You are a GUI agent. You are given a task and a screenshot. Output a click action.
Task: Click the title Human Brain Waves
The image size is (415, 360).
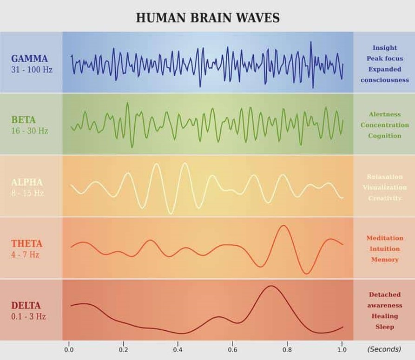pos(207,18)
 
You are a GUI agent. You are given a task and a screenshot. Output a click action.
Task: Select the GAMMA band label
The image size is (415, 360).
pos(29,59)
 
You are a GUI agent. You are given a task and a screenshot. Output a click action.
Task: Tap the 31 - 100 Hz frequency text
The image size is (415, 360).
pos(32,70)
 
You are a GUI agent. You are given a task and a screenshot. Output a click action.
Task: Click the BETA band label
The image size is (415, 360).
pos(23,120)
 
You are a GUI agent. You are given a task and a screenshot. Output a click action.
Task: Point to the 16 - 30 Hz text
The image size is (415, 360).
pos(30,131)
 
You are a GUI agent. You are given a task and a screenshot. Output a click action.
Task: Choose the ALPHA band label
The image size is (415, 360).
pos(27,182)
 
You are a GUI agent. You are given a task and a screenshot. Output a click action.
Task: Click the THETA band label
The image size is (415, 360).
pos(26,243)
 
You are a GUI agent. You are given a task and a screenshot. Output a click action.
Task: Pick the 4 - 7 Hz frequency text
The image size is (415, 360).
pos(25,255)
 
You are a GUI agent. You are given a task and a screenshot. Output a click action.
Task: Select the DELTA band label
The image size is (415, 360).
pos(26,306)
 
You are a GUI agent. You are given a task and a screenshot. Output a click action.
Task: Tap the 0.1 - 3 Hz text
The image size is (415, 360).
pos(29,317)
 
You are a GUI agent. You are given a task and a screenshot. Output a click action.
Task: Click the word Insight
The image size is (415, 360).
pos(384,47)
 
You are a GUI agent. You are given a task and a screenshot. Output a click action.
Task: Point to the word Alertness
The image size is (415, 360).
pos(384,114)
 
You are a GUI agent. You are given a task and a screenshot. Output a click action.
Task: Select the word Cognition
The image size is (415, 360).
pos(384,136)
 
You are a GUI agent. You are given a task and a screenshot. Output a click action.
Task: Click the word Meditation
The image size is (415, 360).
pos(384,238)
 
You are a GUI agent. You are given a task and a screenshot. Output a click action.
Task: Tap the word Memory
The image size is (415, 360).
pos(384,259)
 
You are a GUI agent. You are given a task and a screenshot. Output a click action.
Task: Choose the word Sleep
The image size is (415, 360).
pos(384,327)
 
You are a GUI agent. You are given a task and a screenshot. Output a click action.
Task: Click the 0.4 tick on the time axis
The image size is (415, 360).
pos(178,349)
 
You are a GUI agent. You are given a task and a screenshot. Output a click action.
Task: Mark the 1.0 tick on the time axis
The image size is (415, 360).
pos(342,349)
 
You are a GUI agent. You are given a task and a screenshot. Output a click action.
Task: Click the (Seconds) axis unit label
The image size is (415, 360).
pos(383,349)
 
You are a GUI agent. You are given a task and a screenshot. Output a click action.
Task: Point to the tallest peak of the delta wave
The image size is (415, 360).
pos(270,286)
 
